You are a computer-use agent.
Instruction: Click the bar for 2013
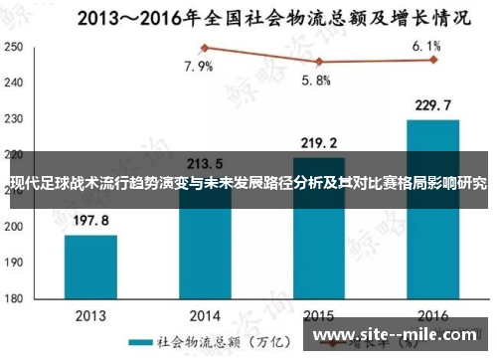[x=90, y=266]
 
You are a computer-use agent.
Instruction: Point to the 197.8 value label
[x=90, y=222]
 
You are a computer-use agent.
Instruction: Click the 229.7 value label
[x=432, y=106]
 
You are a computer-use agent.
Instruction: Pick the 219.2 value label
[x=318, y=143]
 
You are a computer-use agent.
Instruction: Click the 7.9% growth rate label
[x=199, y=68]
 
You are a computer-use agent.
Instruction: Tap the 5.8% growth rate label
[x=316, y=82]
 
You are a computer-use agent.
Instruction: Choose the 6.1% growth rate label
[x=425, y=46]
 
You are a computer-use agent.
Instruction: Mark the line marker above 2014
[x=205, y=48]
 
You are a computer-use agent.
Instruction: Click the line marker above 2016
[x=433, y=60]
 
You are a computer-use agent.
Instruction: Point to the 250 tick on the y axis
[x=14, y=48]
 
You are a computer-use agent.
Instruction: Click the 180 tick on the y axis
[x=14, y=297]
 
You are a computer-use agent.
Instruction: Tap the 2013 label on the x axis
[x=90, y=315]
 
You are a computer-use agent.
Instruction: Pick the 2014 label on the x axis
[x=205, y=315]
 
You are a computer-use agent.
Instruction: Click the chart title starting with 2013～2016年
[x=248, y=16]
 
